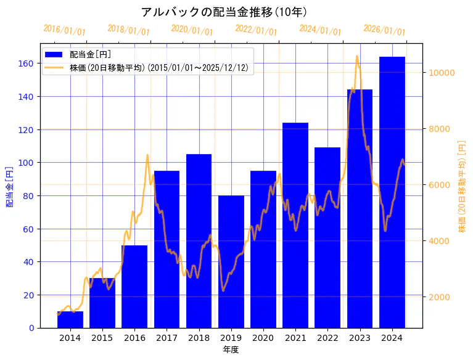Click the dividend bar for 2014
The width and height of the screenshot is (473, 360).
pos(70,319)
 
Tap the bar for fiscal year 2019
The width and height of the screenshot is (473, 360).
pos(231,261)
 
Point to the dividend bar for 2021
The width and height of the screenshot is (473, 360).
pos(295,225)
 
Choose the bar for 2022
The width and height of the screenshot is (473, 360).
pos(327,237)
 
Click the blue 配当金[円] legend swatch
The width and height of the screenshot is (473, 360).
pos(54,55)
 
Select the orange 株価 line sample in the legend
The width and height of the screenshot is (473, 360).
pos(54,68)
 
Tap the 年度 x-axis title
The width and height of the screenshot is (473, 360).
pos(231,350)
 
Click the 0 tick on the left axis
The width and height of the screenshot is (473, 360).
pos(31,327)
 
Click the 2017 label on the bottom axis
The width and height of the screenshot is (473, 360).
pos(167,337)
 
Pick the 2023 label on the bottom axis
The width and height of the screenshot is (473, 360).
pos(360,337)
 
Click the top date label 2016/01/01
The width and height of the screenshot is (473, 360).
pos(65,30)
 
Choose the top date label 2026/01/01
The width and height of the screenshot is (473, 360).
pos(385,30)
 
